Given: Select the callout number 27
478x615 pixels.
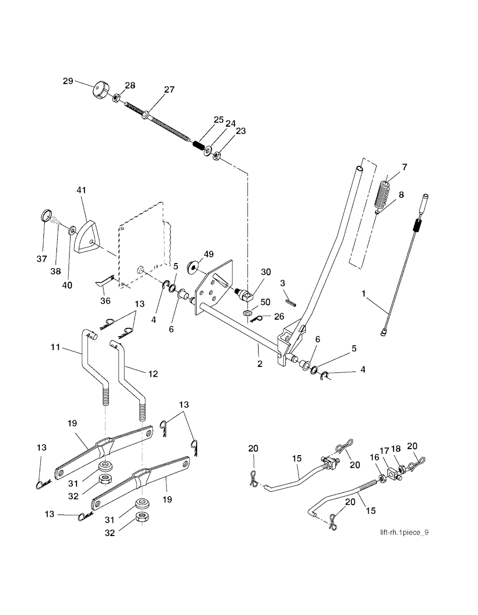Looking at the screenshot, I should tap(169, 89).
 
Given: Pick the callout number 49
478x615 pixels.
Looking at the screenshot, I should tap(208, 254).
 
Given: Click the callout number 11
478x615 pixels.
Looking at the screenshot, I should tap(56, 347).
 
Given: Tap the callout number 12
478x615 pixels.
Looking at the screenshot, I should tap(153, 373).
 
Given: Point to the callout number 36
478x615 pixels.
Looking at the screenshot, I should tap(105, 300).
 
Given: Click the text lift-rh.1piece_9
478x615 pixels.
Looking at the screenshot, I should tap(403, 532).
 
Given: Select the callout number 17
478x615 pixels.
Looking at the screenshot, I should tap(384, 451).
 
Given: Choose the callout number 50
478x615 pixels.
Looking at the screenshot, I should tap(265, 302).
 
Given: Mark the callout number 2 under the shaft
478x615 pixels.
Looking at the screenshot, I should tap(260, 364).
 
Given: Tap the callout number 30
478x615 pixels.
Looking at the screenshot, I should tap(266, 272).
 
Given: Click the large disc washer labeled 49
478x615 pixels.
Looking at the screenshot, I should tap(193, 267).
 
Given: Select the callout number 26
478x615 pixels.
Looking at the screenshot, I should tap(279, 316).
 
